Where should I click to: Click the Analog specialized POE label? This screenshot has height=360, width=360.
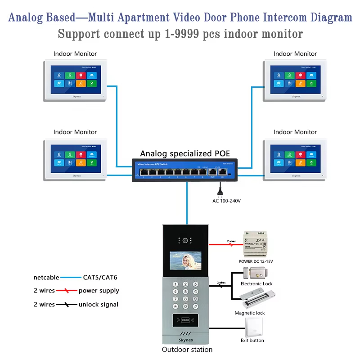click(x=184, y=153)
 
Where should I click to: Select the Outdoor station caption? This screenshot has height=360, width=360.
click(x=187, y=349)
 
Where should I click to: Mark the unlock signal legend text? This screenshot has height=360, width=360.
click(x=99, y=304)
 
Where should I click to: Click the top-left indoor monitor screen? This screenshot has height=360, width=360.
click(x=75, y=79)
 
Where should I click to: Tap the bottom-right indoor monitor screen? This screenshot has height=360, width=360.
click(x=295, y=157)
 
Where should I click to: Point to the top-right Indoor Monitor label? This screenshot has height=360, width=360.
click(x=295, y=54)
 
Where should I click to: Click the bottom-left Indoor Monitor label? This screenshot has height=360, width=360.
click(x=75, y=132)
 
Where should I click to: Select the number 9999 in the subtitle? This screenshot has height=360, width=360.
click(x=189, y=34)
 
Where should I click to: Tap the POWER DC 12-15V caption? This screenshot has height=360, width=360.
click(x=256, y=261)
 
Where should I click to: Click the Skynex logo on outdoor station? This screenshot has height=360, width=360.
click(x=184, y=341)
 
